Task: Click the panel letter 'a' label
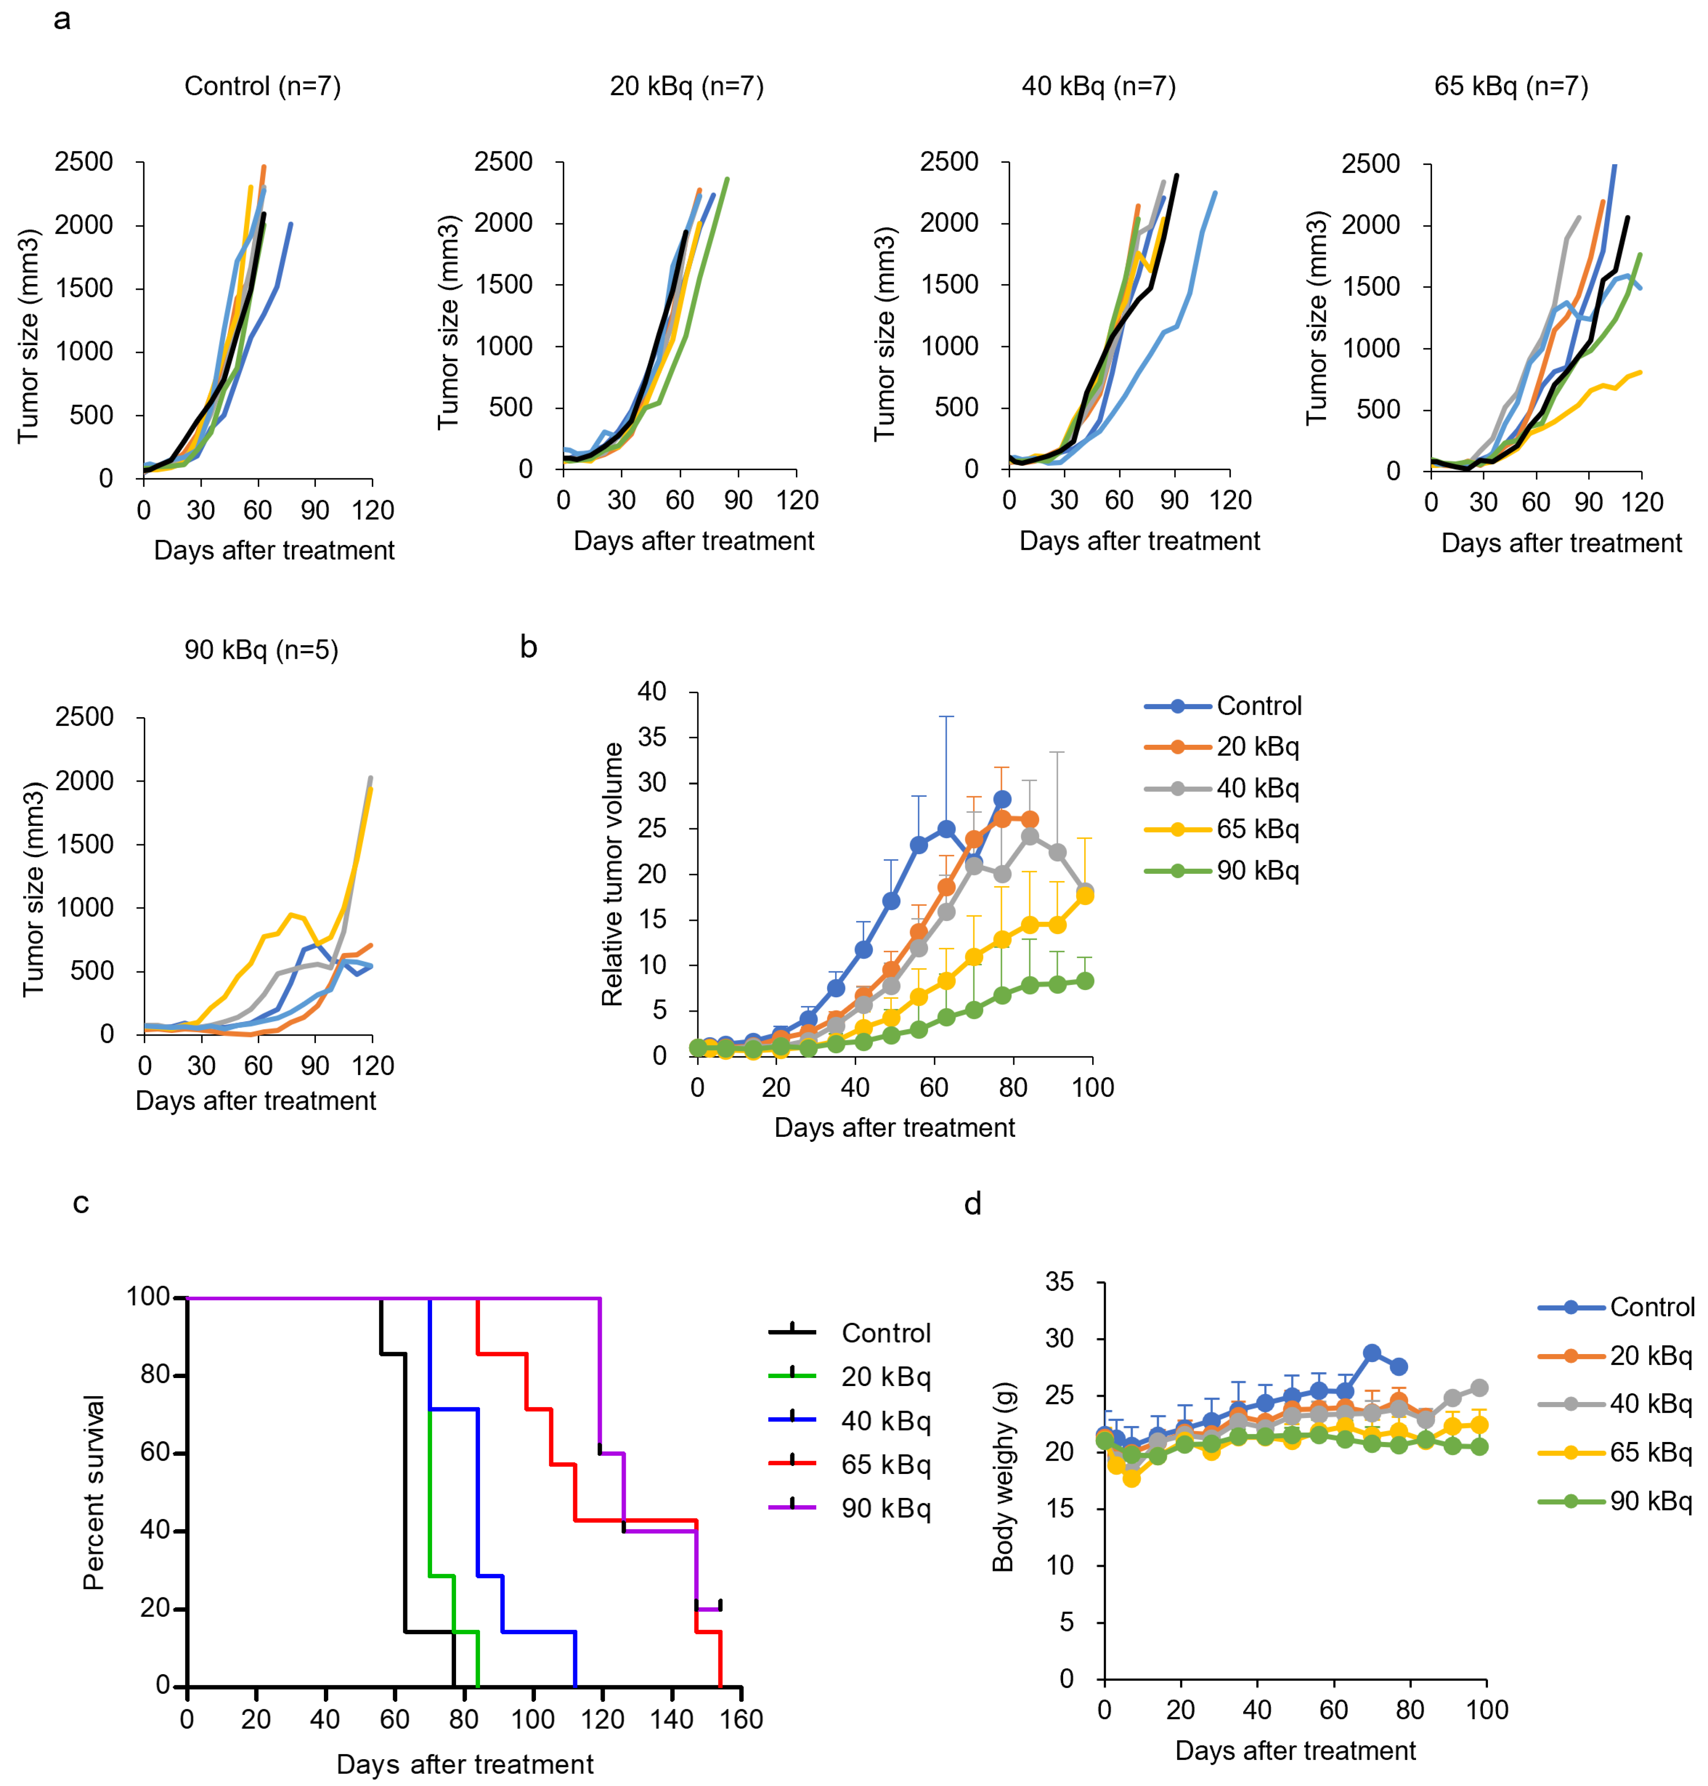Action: point(62,19)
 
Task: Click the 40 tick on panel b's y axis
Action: point(652,691)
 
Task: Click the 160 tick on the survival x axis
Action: point(742,1720)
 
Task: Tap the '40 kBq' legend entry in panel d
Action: point(1650,1404)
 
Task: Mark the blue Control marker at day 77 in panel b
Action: point(1002,800)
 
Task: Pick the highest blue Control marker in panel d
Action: point(1372,1353)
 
